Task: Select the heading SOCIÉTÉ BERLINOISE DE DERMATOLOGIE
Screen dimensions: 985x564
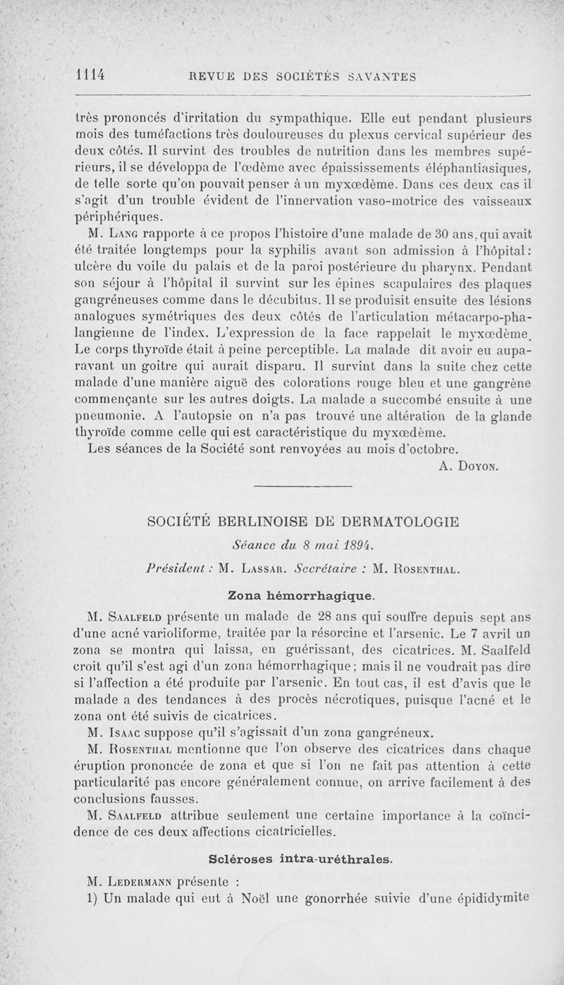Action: coord(301,522)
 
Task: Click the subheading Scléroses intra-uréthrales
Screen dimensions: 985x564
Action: coord(301,859)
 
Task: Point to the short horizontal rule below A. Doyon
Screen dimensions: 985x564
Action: coord(301,487)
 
